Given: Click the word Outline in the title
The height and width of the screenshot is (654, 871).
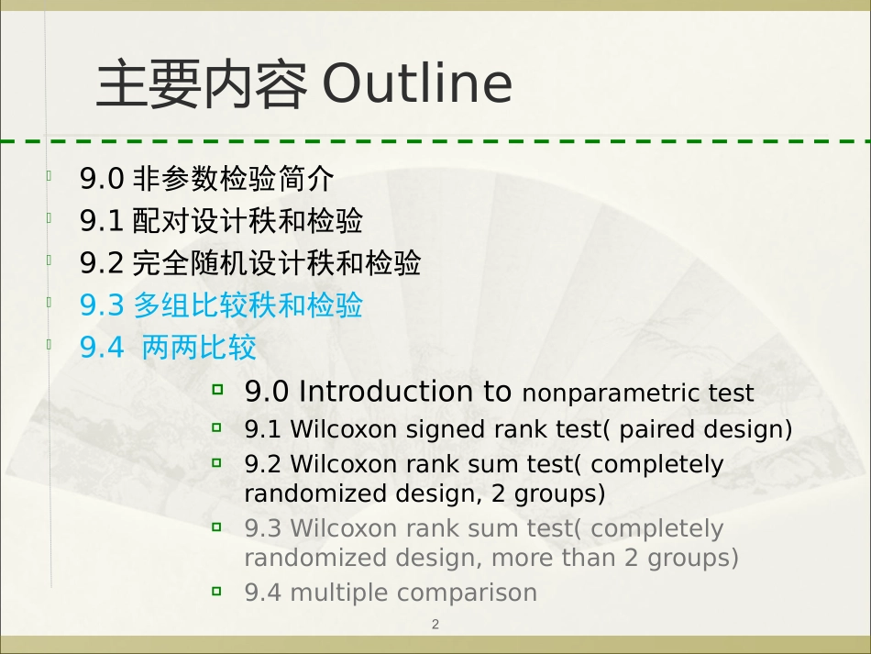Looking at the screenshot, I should [x=417, y=84].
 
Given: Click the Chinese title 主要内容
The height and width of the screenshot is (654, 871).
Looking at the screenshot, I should [x=201, y=84].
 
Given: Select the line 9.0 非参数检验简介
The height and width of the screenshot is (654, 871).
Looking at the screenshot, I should [x=207, y=178].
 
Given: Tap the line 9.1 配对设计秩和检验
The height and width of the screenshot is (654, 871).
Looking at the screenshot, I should [x=221, y=221].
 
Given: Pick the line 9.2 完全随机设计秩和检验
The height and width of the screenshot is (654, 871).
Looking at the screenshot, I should [x=250, y=264].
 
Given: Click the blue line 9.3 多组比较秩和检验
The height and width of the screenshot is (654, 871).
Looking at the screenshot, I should [x=221, y=305].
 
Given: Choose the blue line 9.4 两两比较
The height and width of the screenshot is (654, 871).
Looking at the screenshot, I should [x=168, y=349].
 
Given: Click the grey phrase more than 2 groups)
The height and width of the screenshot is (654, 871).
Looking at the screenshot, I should [x=614, y=558].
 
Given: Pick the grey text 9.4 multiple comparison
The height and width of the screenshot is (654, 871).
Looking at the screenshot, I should [x=391, y=593].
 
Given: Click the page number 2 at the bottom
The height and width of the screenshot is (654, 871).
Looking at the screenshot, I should [x=435, y=625].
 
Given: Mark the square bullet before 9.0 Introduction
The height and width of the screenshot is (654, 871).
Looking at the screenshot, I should [x=217, y=390].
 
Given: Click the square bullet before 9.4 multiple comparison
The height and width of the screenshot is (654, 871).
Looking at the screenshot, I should [x=217, y=591].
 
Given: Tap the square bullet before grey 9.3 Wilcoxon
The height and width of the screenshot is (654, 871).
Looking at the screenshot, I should [x=217, y=527].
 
